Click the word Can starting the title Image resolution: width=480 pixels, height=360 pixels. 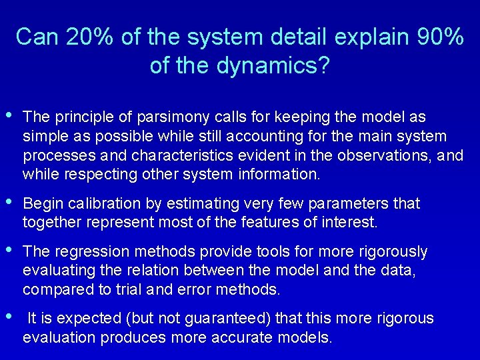pyautogui.click(x=38, y=37)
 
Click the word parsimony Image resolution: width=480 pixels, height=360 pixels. pyautogui.click(x=172, y=117)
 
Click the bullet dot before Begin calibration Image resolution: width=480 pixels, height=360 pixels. pyautogui.click(x=8, y=201)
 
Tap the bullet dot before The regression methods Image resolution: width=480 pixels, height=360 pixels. pyautogui.click(x=8, y=250)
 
